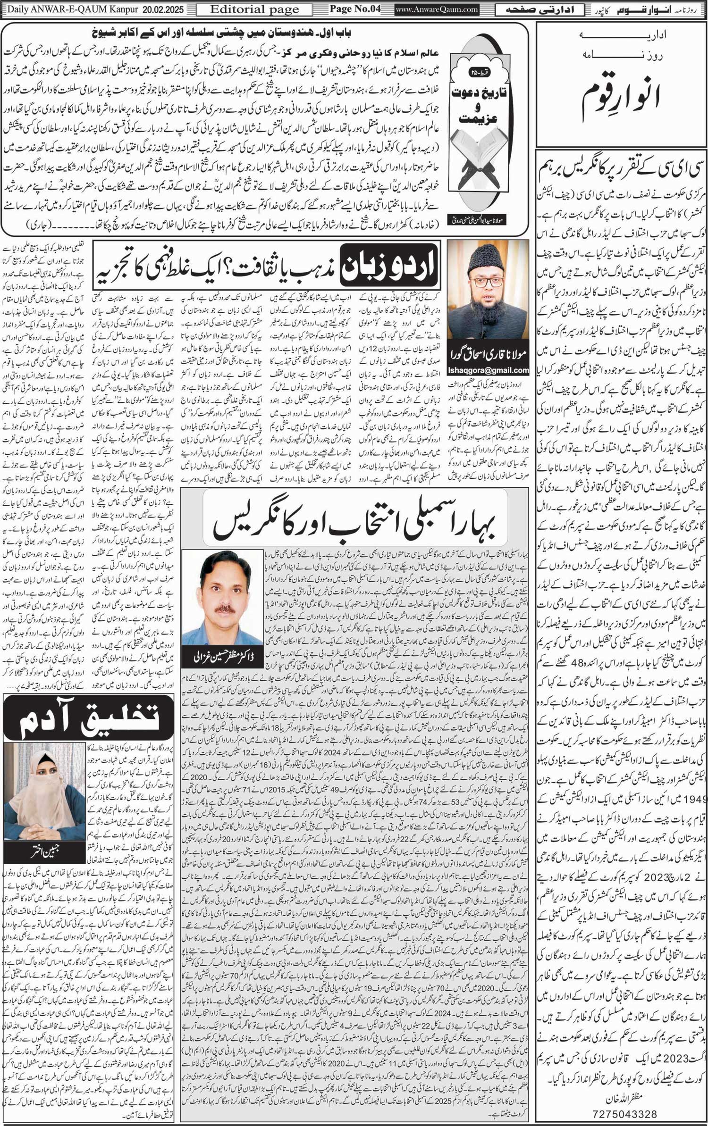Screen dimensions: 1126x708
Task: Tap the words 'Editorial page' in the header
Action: coord(254,9)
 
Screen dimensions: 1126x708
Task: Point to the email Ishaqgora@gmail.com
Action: coord(488,370)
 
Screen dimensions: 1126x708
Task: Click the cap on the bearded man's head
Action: coord(489,259)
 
